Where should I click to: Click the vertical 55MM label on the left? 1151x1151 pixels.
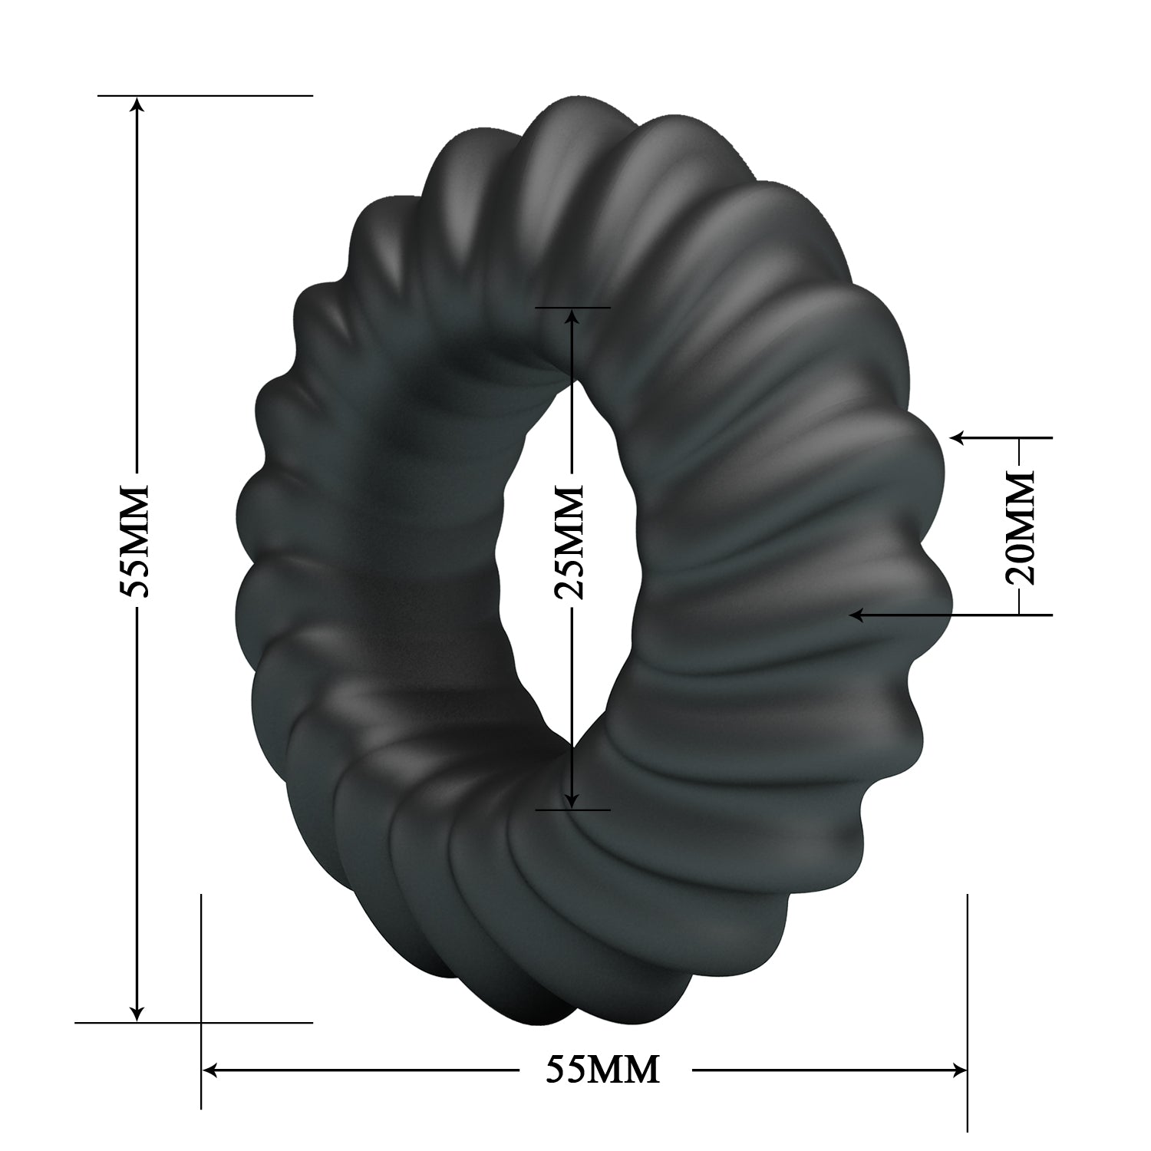[137, 541]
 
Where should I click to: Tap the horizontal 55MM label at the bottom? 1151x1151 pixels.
[602, 1068]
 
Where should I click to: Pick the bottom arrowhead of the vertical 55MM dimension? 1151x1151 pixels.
[137, 1012]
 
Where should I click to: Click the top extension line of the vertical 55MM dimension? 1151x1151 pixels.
[230, 95]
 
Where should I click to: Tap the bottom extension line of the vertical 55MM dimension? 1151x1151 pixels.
[230, 1022]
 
